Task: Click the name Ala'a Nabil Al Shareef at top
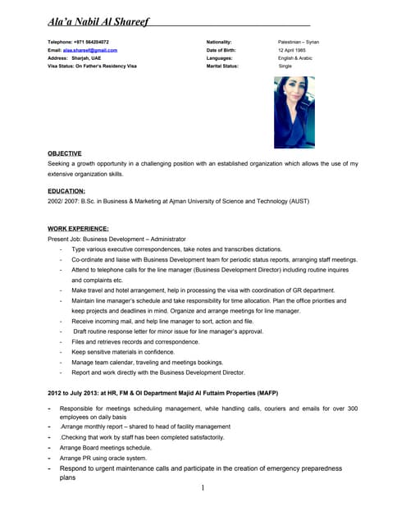pos(98,22)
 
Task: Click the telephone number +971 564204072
pos(91,42)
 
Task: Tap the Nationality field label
pos(219,42)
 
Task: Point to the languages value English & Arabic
pos(295,58)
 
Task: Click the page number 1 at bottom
pos(202,488)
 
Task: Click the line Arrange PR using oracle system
pos(103,458)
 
